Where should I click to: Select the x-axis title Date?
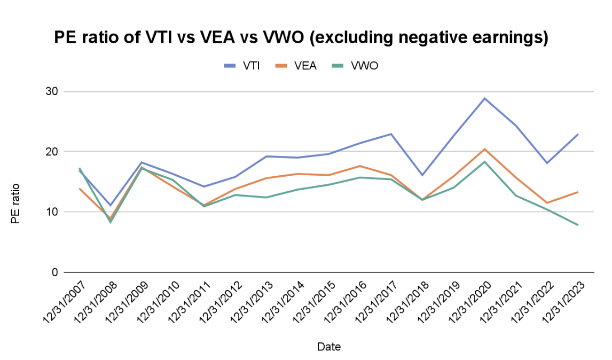point(328,347)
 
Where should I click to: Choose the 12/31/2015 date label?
point(313,303)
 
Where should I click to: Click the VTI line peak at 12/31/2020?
point(484,98)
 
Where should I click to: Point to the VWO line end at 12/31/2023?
point(578,225)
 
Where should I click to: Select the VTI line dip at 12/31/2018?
point(422,175)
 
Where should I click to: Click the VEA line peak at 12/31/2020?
point(484,149)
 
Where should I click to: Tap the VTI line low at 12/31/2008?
point(111,205)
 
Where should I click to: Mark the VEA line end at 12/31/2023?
point(578,192)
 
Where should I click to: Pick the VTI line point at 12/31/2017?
point(391,134)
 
